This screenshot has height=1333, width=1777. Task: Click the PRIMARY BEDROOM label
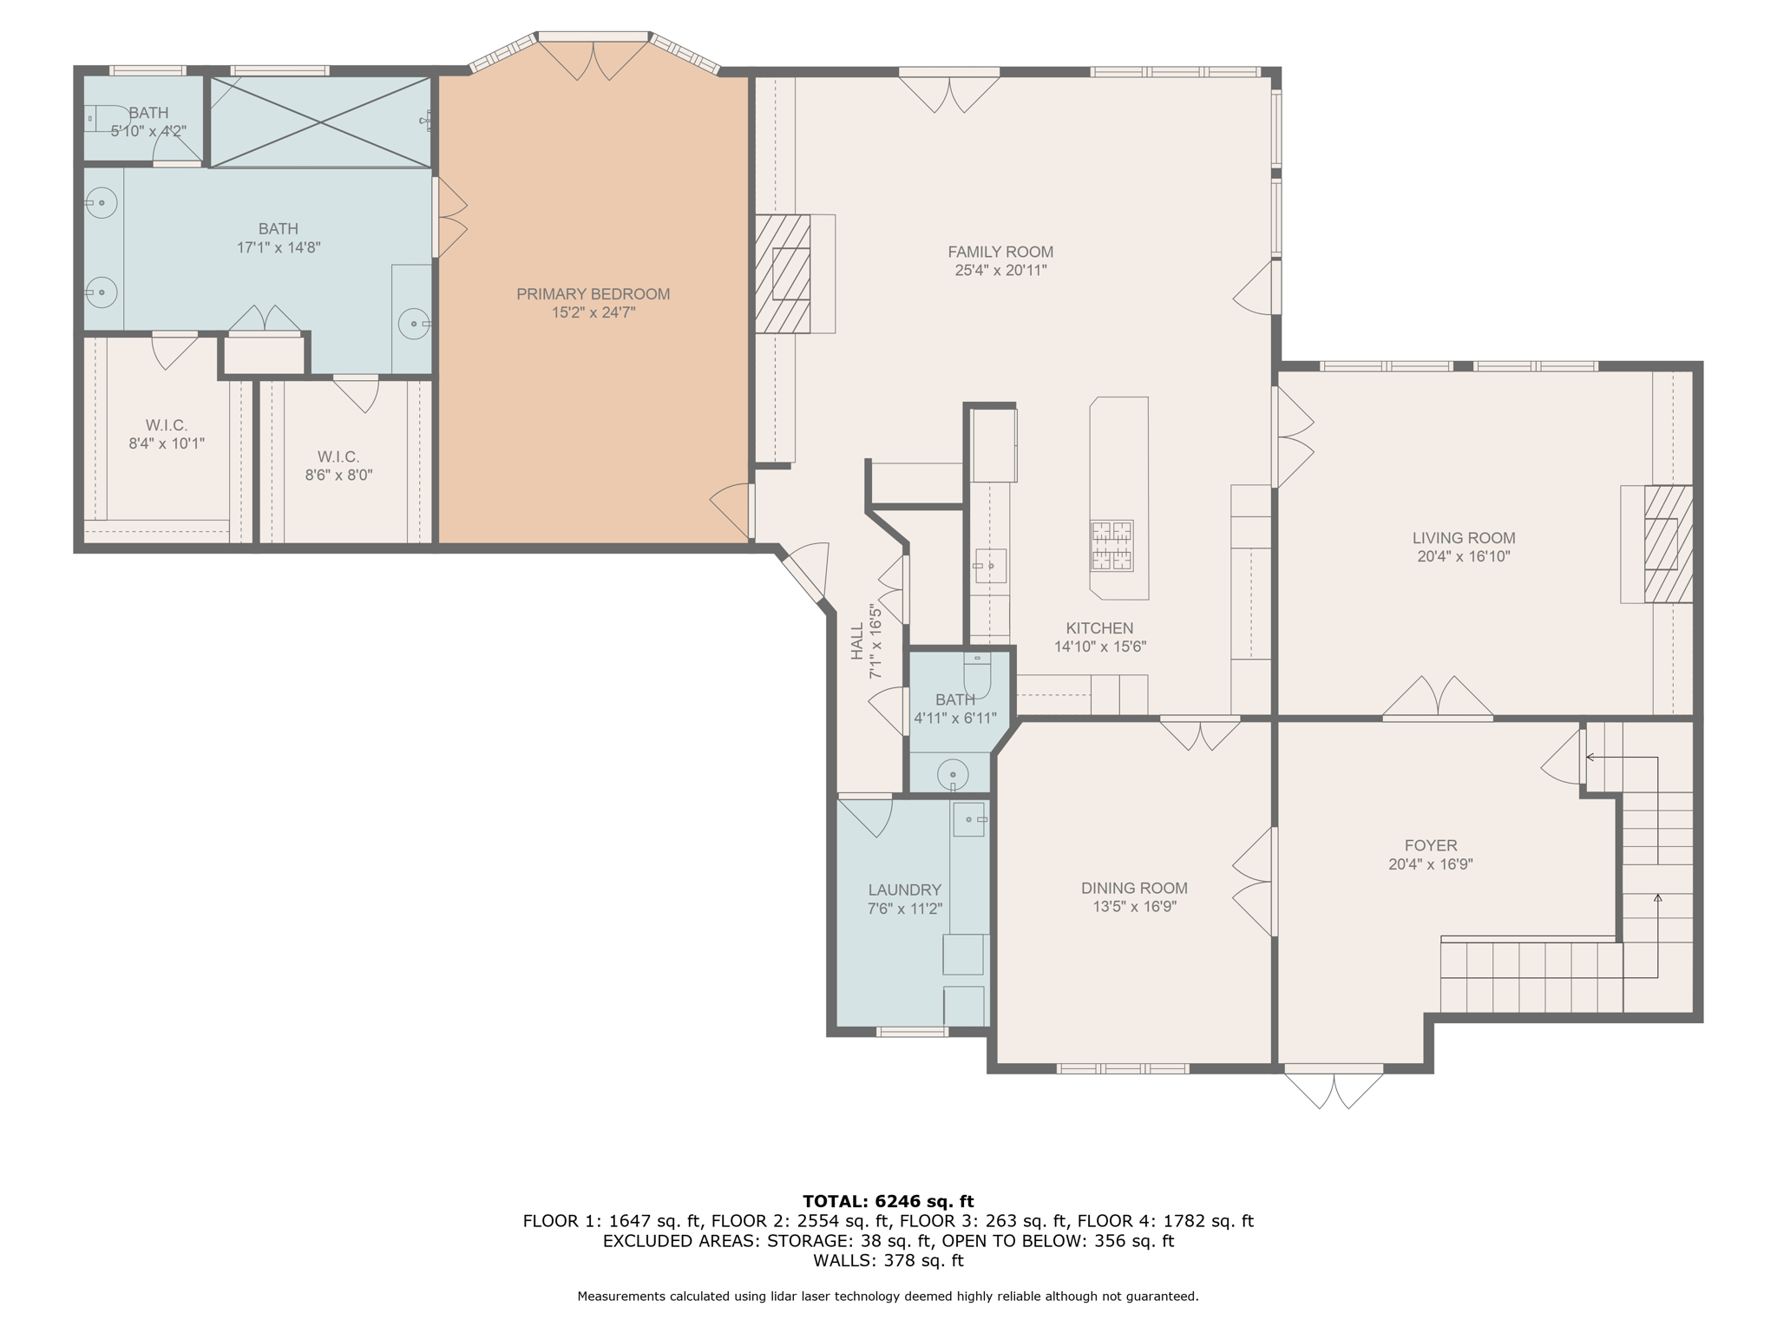tap(593, 294)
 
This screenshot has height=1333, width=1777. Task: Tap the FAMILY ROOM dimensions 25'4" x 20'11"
tap(1000, 270)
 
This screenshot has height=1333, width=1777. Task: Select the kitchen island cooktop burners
tap(1111, 546)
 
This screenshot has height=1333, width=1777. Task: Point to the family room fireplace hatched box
tap(783, 274)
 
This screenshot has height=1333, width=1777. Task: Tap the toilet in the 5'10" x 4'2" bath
tap(102, 118)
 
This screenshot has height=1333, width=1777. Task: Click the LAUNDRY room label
tap(904, 890)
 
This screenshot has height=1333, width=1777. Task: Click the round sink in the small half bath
tap(953, 774)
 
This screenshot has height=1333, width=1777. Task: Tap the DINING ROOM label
tap(1134, 888)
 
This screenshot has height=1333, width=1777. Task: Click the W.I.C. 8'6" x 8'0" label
tap(338, 456)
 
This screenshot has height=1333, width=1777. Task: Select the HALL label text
tap(858, 640)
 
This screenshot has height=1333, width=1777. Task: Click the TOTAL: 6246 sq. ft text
tap(888, 1201)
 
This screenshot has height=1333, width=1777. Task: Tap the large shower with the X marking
tap(321, 122)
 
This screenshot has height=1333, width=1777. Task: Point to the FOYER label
tap(1430, 845)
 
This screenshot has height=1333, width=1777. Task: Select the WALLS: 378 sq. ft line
tap(888, 1260)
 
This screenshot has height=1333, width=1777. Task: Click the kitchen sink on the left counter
tap(990, 566)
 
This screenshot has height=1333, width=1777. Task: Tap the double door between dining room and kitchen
tap(1200, 733)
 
